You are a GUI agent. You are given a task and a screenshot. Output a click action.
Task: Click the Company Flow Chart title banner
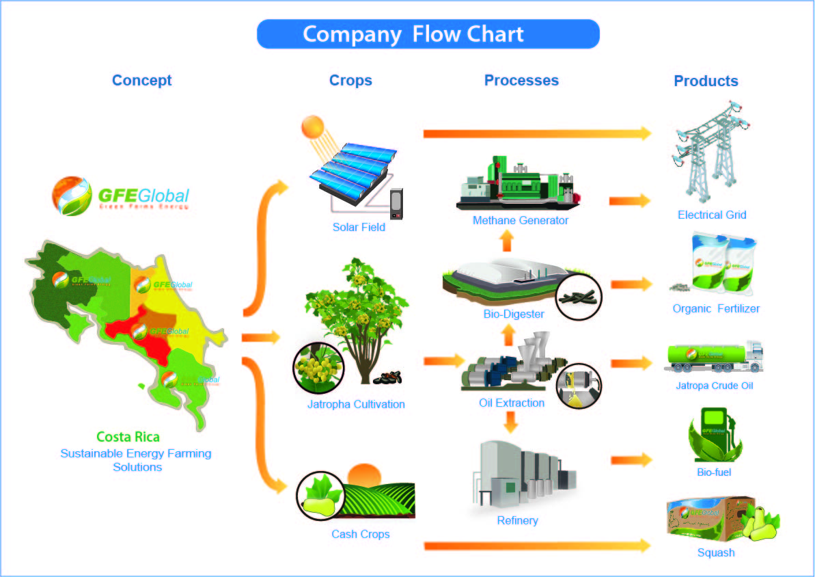point(428,34)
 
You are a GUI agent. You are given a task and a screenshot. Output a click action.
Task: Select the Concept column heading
point(141,80)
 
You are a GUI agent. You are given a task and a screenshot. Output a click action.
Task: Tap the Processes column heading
point(521,80)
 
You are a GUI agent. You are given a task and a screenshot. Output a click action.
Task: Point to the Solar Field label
point(359,227)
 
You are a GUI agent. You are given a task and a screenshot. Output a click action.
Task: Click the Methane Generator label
point(521,220)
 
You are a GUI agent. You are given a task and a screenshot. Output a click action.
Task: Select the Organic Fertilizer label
point(716,308)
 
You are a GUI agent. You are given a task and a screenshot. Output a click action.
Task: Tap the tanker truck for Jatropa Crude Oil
point(713,357)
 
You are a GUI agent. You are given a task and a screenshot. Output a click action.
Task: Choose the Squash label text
point(716,552)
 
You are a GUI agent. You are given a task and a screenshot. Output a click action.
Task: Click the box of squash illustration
point(717,521)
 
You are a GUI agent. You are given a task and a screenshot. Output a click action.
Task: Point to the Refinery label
point(517,520)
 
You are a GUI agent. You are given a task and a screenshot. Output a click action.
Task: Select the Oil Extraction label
point(512,403)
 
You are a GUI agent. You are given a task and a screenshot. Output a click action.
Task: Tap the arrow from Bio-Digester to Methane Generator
point(506,241)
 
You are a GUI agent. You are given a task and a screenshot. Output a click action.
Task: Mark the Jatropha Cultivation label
point(356,404)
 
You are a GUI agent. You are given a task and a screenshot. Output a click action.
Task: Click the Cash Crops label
point(361,534)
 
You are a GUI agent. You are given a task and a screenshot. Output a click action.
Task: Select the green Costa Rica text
point(128,437)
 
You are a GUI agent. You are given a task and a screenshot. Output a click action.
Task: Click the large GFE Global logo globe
point(72,196)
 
